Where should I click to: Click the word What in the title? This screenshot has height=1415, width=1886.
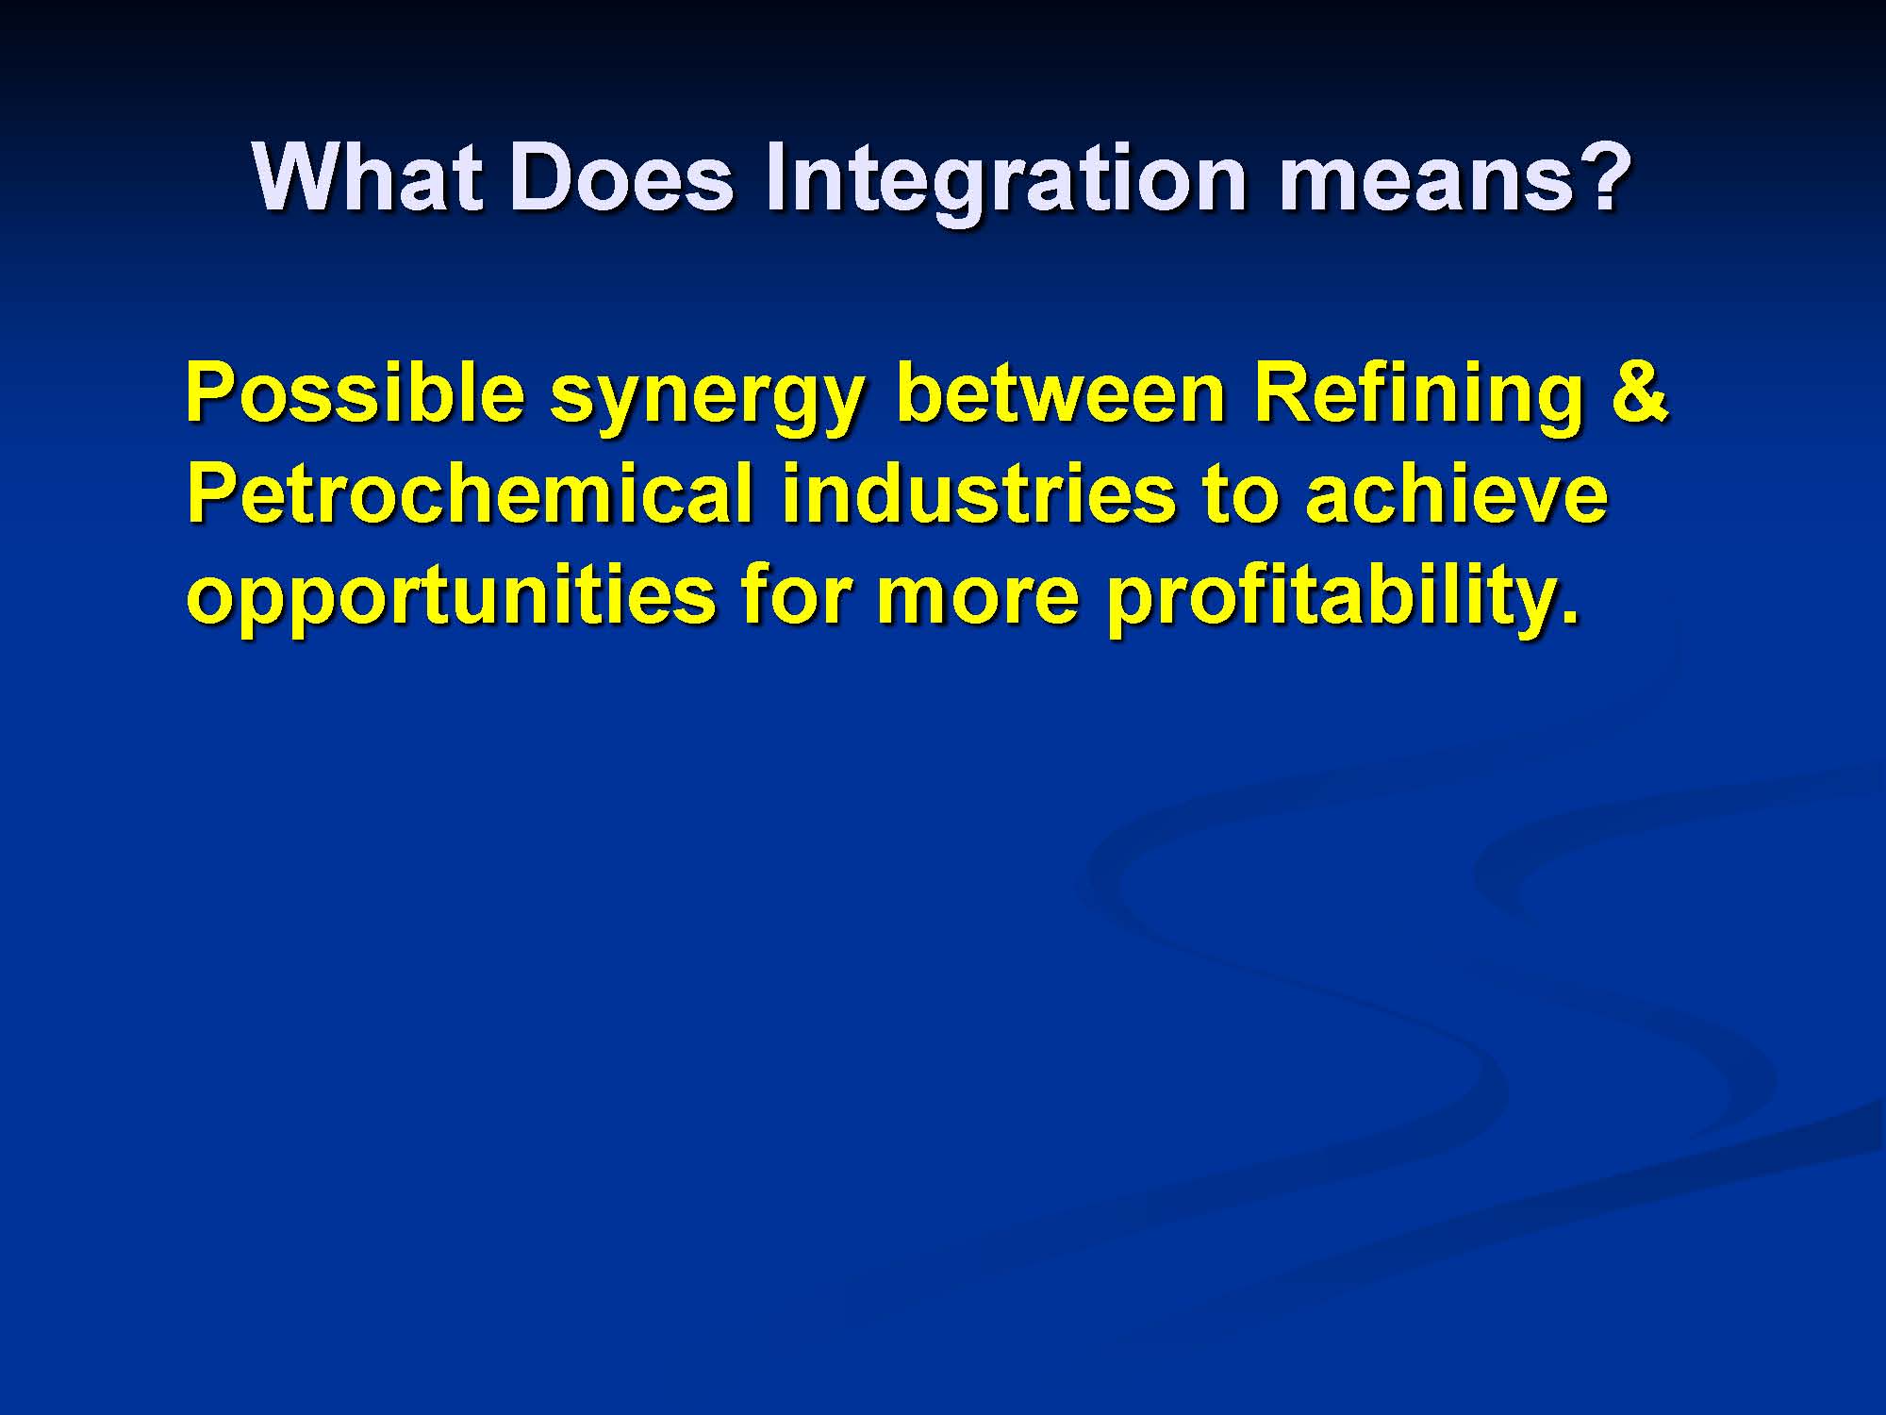coord(369,177)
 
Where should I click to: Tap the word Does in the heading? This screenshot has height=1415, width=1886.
coord(622,177)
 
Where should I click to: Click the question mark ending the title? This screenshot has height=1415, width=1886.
coord(1599,177)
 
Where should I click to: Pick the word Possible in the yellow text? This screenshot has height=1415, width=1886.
coord(356,392)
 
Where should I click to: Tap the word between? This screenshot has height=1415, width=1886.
coord(1061,392)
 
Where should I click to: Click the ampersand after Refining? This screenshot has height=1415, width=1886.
coord(1640,392)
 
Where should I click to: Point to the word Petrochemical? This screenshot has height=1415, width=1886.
coord(470,493)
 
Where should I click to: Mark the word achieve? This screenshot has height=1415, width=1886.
coord(1456,493)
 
